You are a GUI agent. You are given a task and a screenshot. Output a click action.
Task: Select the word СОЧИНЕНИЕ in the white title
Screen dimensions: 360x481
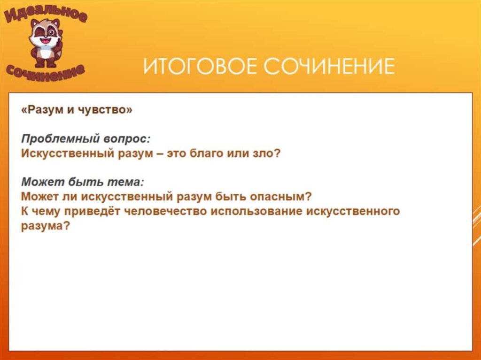(x=329, y=67)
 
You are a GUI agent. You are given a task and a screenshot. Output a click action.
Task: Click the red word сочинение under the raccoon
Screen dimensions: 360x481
(x=46, y=70)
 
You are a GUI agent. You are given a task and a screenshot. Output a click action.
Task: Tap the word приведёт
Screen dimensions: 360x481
(x=91, y=211)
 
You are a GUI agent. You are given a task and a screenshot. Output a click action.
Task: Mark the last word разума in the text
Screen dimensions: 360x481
(x=42, y=225)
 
